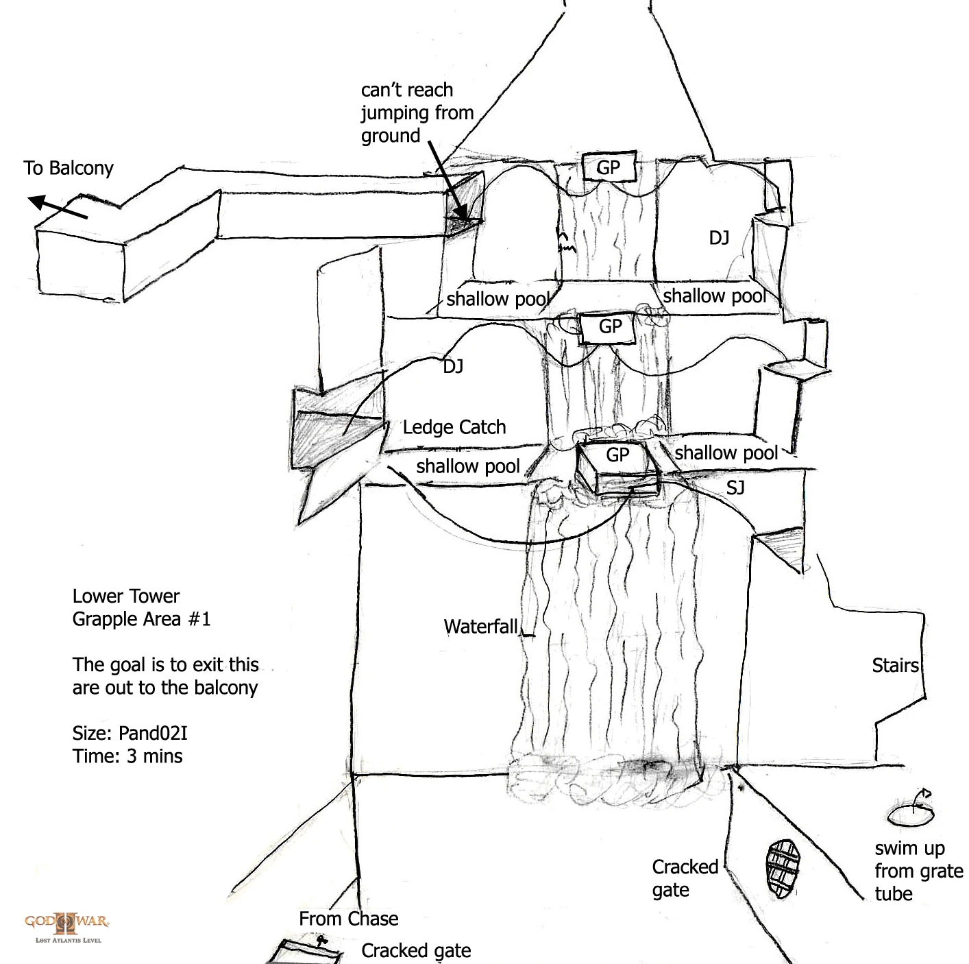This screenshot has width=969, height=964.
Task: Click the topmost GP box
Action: (609, 167)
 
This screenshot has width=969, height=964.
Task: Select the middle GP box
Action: (609, 327)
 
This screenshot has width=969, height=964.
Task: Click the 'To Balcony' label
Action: (69, 168)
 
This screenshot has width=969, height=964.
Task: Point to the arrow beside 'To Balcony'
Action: (58, 208)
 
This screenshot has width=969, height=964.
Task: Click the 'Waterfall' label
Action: (480, 627)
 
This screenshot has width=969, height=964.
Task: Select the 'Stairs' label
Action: (895, 665)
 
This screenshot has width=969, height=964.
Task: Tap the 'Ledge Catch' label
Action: (454, 427)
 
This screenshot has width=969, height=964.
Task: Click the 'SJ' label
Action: (735, 487)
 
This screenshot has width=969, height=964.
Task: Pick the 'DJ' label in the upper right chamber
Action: (719, 238)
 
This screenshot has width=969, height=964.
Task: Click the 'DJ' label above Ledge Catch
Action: (453, 367)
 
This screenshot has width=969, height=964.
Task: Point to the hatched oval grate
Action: (782, 869)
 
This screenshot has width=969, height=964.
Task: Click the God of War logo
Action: (67, 926)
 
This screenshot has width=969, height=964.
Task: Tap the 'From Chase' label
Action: (348, 919)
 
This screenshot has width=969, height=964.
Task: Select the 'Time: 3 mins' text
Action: (127, 756)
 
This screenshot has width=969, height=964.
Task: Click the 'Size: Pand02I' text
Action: (130, 733)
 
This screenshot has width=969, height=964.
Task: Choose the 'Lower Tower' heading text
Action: (126, 597)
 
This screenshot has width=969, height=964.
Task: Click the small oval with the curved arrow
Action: (911, 815)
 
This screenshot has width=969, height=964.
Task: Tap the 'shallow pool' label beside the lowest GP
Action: (726, 453)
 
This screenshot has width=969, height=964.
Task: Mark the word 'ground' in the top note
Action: (391, 136)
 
